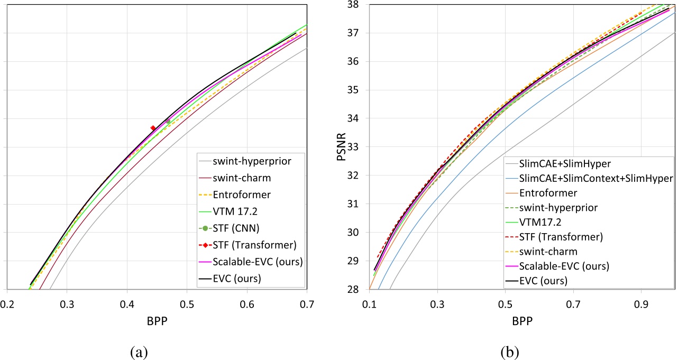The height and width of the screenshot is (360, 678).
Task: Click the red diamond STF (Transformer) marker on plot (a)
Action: (x=153, y=128)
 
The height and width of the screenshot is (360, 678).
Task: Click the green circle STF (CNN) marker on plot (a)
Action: (x=168, y=121)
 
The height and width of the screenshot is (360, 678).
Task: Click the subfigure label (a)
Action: (x=140, y=351)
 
